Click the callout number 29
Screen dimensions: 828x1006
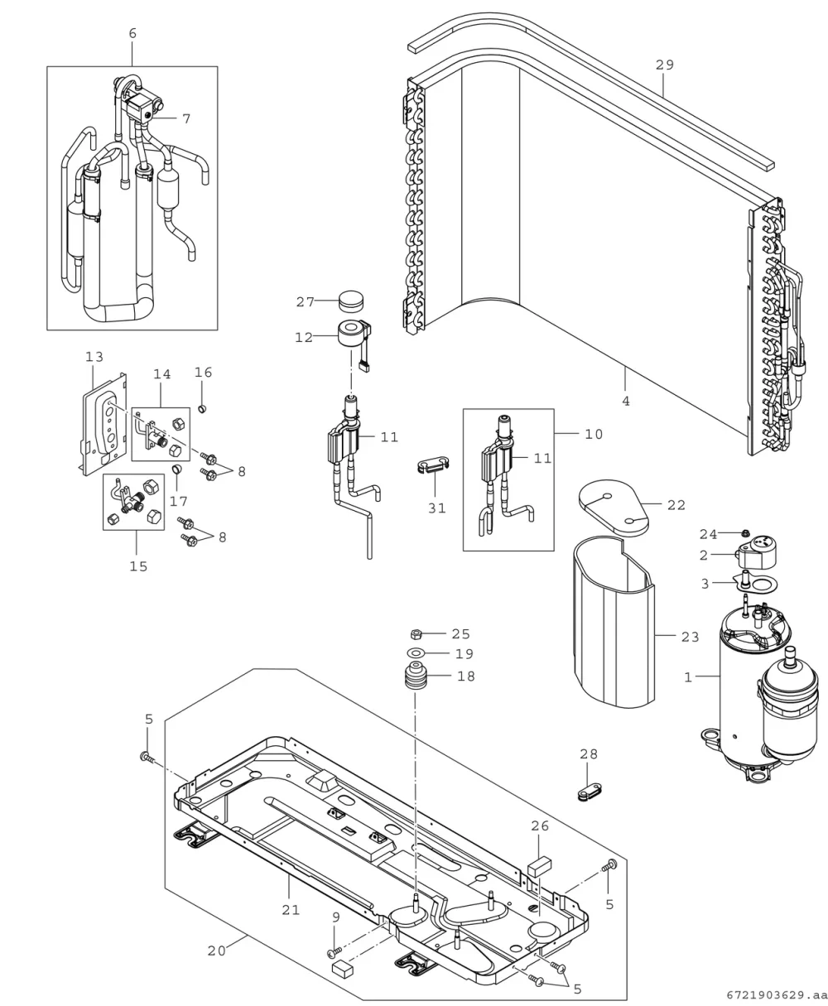coord(664,65)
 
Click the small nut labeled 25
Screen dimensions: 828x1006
coord(416,634)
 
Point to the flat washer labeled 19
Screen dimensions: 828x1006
coord(416,652)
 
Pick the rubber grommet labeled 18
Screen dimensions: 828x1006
coord(415,676)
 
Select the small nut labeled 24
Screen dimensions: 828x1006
coord(746,533)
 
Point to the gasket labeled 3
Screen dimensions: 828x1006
coord(758,583)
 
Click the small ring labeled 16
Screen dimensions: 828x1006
coord(202,409)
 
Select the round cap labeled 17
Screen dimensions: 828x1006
coord(177,468)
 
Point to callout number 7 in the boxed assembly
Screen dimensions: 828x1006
coord(186,118)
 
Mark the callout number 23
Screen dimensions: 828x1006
coord(691,638)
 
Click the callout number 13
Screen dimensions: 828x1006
coord(94,357)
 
